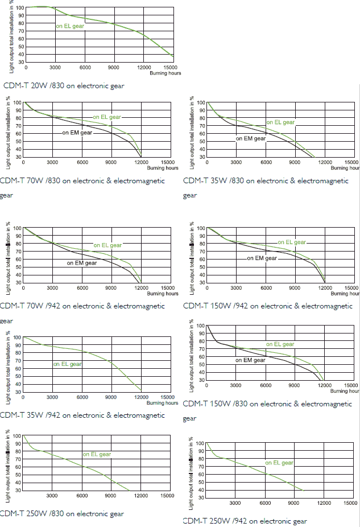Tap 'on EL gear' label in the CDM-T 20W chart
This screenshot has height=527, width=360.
click(70, 26)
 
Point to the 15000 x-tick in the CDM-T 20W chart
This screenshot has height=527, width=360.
click(172, 68)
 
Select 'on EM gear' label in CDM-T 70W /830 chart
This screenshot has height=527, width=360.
click(77, 133)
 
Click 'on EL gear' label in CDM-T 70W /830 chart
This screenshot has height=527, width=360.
click(107, 117)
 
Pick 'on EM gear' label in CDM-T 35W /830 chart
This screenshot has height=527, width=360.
click(251, 138)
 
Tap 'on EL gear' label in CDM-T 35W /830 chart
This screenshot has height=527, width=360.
click(281, 122)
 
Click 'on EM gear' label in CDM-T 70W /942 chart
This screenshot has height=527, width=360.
click(82, 263)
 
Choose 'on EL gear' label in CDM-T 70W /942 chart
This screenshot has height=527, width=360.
click(107, 245)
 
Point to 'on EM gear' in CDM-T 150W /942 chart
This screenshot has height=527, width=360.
click(262, 258)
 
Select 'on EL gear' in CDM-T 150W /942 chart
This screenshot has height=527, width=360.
click(292, 242)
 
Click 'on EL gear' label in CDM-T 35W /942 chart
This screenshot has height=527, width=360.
click(68, 364)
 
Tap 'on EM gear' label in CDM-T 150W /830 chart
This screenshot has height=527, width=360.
click(251, 360)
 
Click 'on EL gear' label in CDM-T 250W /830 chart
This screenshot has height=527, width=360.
click(97, 454)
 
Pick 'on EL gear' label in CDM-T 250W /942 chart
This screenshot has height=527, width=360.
click(279, 463)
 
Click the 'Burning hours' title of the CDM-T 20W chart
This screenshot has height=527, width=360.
click(165, 73)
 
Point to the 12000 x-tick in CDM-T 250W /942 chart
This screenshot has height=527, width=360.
click(323, 503)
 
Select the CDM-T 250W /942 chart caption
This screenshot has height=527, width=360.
click(245, 521)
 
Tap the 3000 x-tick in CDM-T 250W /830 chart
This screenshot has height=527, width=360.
click(52, 496)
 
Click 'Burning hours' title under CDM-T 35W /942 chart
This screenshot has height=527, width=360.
click(162, 403)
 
